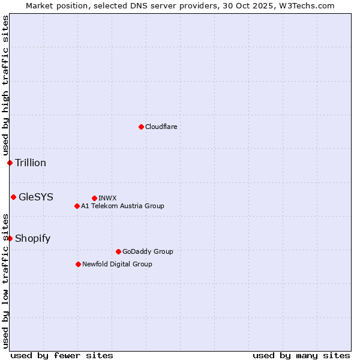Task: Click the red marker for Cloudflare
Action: click(141, 127)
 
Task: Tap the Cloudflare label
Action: click(161, 127)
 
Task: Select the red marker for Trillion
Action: click(10, 163)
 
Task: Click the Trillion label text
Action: click(31, 163)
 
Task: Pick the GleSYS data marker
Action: click(13, 197)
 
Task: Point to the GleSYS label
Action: click(36, 197)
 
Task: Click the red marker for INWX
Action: click(94, 198)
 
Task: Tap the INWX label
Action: click(107, 198)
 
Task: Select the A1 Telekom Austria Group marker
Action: click(77, 206)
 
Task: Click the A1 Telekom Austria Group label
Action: click(122, 206)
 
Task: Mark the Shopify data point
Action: click(10, 238)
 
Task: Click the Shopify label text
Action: click(32, 238)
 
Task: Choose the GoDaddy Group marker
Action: click(118, 251)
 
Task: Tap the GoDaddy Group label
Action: click(147, 251)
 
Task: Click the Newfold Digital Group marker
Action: click(78, 264)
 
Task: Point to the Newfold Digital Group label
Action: click(117, 264)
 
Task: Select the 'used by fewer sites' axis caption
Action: click(62, 355)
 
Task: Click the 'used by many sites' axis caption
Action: click(301, 355)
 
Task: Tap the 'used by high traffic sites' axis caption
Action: click(5, 86)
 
